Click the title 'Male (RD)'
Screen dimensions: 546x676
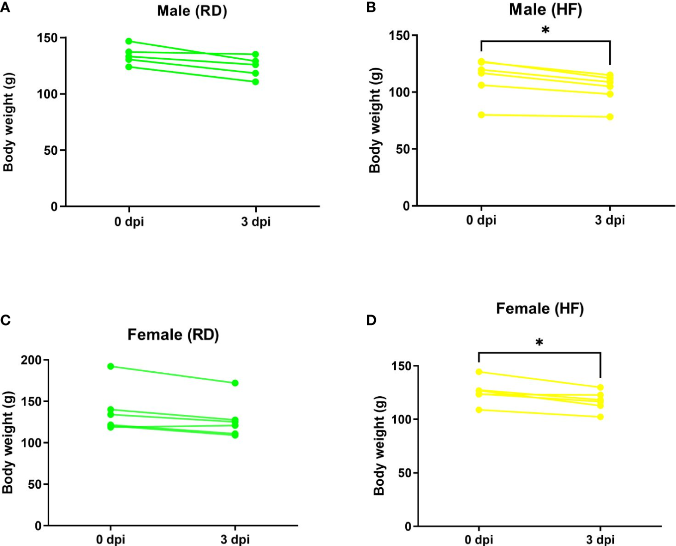point(192,11)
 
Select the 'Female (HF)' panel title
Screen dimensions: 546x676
point(540,309)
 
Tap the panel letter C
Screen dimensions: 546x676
point(5,320)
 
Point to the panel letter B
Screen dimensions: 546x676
point(371,7)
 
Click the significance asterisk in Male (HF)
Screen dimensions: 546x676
point(545,30)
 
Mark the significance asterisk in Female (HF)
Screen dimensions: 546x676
point(539,342)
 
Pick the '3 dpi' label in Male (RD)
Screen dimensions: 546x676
point(256,221)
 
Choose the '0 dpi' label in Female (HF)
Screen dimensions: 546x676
point(478,540)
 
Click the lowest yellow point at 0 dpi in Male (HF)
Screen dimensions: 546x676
point(481,115)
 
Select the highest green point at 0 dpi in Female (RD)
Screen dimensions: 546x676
point(111,366)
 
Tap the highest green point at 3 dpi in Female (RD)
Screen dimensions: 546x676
point(235,383)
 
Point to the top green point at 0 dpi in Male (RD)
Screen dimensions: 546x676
point(129,41)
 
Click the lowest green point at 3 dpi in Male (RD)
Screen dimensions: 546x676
point(255,82)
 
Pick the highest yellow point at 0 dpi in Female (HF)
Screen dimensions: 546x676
point(479,372)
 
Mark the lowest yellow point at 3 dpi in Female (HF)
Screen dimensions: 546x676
point(600,417)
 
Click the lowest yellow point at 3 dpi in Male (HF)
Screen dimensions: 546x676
point(610,117)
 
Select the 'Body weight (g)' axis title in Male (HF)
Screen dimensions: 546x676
point(375,120)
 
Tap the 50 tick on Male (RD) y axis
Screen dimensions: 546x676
point(51,150)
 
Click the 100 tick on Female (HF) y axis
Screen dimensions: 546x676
point(401,420)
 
